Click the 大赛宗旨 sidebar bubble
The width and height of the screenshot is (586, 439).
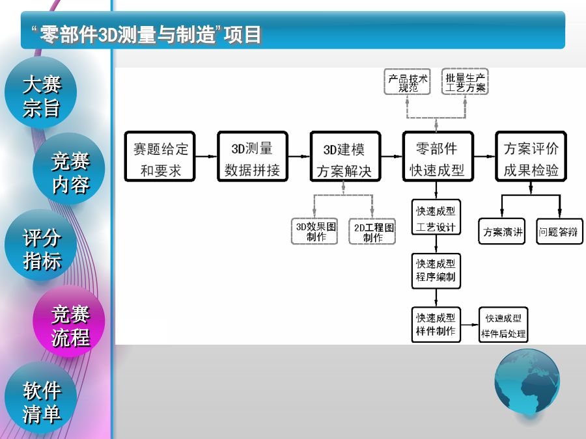click(x=41, y=96)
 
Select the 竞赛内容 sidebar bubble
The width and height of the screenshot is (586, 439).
click(x=70, y=172)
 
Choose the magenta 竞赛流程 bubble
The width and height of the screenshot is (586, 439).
click(x=70, y=325)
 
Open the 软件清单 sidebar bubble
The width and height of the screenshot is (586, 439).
click(x=41, y=401)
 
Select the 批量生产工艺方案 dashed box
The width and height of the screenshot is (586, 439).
click(x=466, y=83)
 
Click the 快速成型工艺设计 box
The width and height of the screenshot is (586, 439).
click(x=436, y=219)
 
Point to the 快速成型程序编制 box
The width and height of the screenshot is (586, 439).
click(x=436, y=271)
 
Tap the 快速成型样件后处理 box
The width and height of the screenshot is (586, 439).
click(x=503, y=326)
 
